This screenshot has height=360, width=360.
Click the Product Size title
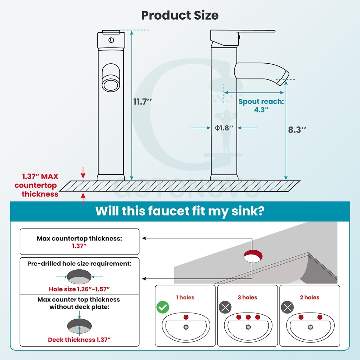point(180,15)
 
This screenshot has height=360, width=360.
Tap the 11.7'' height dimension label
point(142,102)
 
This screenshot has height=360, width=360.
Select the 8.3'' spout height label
point(297,129)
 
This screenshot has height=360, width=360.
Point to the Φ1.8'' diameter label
point(224,128)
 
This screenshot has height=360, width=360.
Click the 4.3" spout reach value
point(261,109)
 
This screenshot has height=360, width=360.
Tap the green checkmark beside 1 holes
point(163,308)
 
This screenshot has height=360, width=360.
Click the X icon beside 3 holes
point(225,308)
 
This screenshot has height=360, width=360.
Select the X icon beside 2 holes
point(287,308)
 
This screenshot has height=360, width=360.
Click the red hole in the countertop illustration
point(253,255)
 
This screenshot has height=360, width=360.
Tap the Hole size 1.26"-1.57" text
point(79,289)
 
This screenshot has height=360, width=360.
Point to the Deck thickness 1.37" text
point(79,340)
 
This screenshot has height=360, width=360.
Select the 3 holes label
point(247,297)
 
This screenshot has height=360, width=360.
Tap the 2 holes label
point(309,297)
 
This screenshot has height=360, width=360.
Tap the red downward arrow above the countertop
point(83,173)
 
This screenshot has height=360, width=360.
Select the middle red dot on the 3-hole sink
point(248,317)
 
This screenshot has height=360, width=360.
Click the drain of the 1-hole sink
point(186,327)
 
